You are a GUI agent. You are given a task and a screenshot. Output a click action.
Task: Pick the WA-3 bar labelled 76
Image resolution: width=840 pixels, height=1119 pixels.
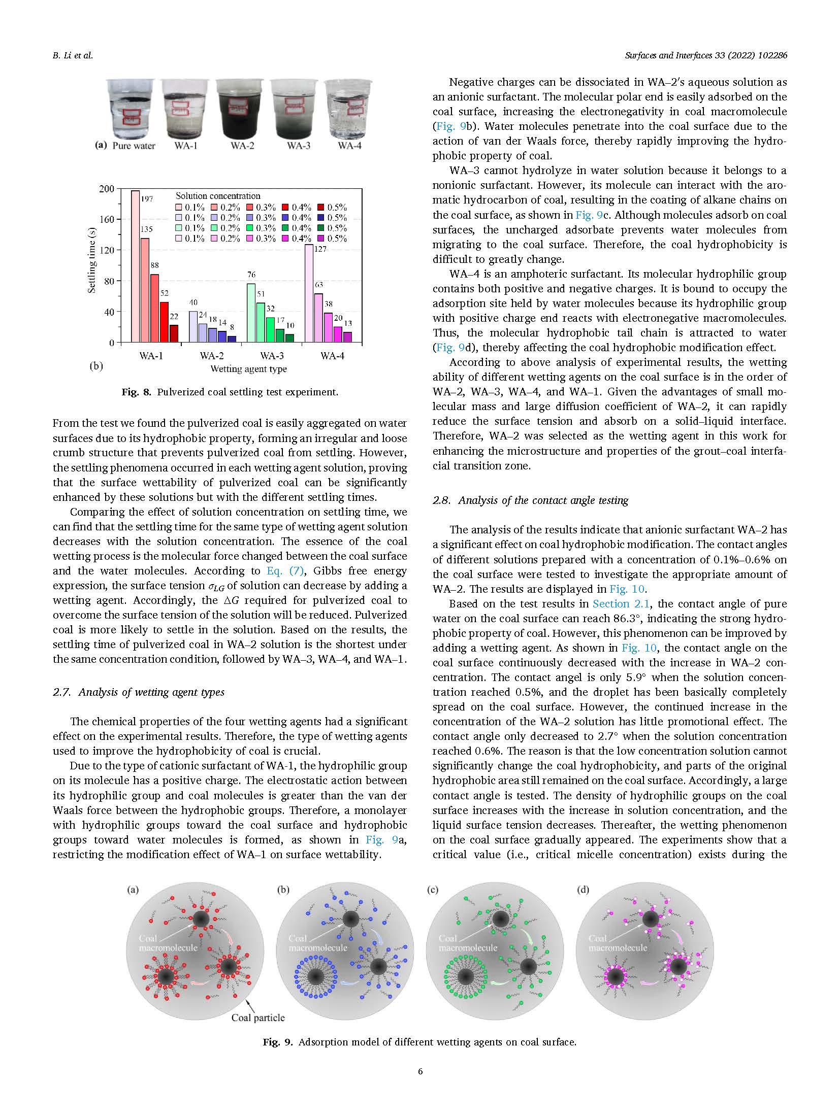(x=250, y=313)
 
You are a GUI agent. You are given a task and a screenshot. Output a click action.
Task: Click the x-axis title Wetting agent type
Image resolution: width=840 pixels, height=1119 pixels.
(x=248, y=369)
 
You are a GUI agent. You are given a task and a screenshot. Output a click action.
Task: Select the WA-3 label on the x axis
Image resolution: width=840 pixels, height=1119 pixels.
(x=272, y=356)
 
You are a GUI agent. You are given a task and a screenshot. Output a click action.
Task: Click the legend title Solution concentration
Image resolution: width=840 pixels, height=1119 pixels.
(x=218, y=196)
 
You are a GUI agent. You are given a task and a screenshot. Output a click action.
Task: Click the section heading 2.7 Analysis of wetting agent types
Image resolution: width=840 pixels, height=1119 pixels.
(x=138, y=692)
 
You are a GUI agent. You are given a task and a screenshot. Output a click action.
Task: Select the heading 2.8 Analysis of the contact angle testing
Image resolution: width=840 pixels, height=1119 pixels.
(x=530, y=500)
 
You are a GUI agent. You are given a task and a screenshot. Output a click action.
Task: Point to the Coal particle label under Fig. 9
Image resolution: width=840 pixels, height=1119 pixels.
(x=258, y=1018)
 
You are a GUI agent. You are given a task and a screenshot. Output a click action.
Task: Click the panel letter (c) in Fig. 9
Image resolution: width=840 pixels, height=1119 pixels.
(x=432, y=889)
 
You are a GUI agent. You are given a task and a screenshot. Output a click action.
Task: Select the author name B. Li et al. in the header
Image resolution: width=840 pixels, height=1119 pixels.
(x=73, y=56)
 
